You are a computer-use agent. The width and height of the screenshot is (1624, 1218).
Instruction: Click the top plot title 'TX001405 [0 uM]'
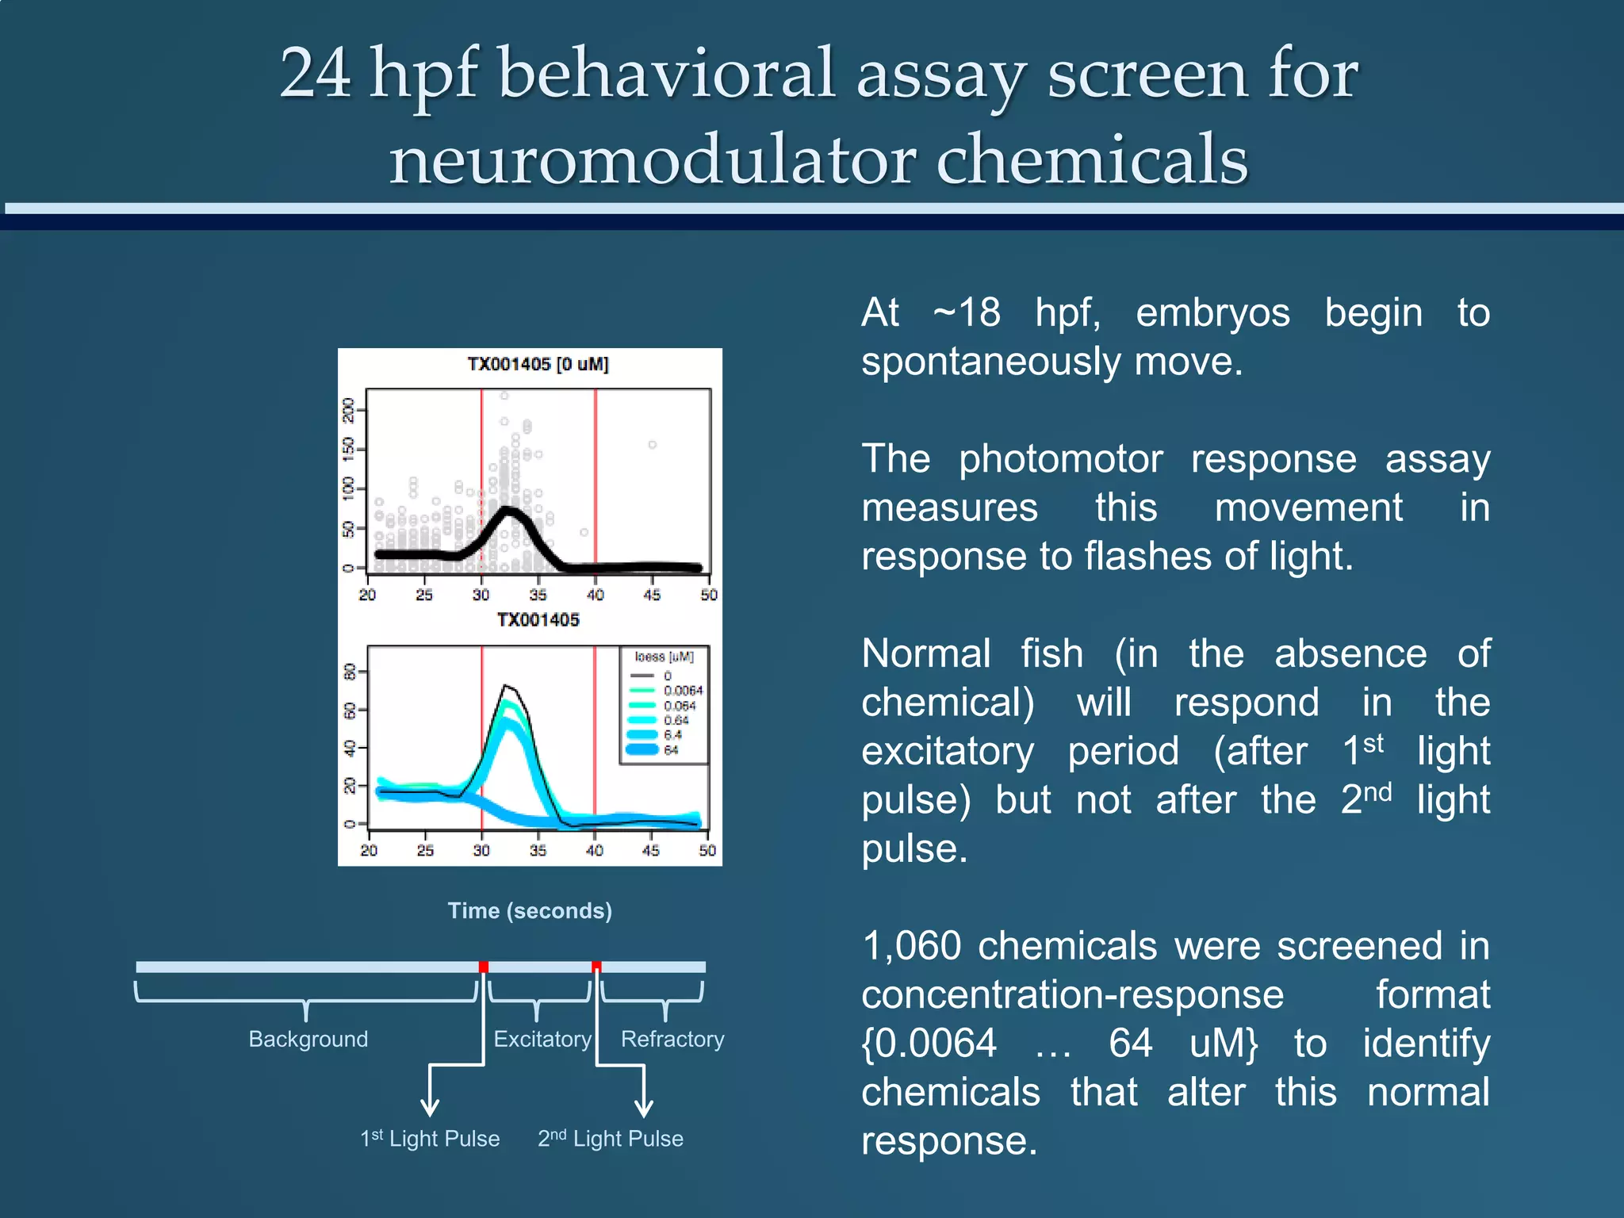pos(538,364)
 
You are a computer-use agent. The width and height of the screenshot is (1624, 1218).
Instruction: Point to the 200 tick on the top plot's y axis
pos(348,410)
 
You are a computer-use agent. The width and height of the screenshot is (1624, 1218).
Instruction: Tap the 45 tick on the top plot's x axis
pos(652,595)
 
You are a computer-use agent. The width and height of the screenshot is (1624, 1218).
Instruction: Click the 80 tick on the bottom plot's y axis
pos(349,672)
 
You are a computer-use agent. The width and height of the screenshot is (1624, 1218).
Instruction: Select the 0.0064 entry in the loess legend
pos(683,691)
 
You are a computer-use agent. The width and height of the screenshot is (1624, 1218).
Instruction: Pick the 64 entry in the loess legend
pos(671,749)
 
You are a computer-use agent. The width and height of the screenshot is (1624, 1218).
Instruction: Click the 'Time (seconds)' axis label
pos(530,910)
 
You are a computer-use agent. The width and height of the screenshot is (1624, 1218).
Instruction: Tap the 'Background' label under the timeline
pos(308,1039)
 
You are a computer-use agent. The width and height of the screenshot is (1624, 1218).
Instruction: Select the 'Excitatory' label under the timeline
pos(542,1039)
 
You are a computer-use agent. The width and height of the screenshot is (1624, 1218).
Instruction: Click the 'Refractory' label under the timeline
pos(672,1039)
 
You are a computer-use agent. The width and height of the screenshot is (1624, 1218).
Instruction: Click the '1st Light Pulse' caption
pos(430,1139)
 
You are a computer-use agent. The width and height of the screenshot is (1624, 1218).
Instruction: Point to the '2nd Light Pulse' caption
pos(611,1139)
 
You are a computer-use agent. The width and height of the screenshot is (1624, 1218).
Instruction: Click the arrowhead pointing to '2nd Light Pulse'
pos(644,1109)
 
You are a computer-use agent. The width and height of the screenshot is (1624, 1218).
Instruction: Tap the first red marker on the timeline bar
pos(484,967)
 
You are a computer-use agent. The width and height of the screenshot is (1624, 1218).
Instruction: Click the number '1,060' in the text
pos(911,946)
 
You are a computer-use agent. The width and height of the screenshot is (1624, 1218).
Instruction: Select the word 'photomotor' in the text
pos(1060,459)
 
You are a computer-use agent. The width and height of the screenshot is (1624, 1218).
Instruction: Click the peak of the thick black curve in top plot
pos(508,510)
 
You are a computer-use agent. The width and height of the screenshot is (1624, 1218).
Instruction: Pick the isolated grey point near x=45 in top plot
pos(652,445)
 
